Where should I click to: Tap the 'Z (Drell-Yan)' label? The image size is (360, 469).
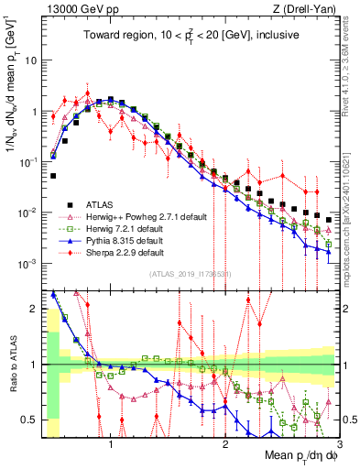(x=301, y=8)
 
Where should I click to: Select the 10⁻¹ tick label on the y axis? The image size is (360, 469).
(x=27, y=162)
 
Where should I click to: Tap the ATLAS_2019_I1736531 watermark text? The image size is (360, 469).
(x=190, y=275)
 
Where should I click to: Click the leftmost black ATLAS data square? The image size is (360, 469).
(x=53, y=175)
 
